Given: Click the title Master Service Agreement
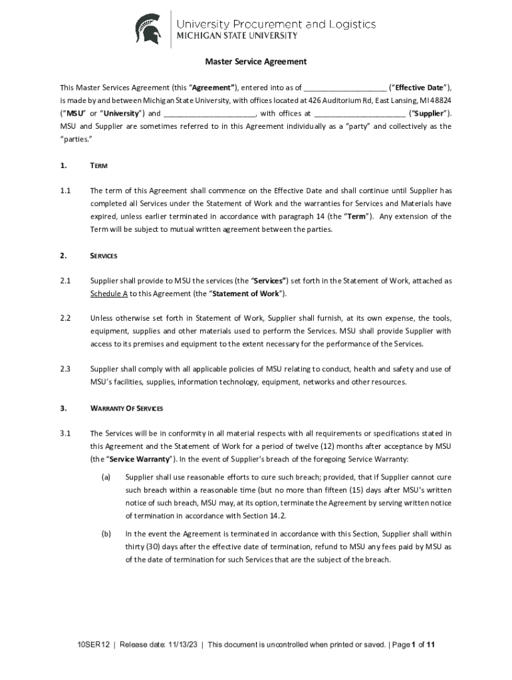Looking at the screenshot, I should click(x=256, y=62).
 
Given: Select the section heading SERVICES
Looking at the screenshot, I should click(x=104, y=256).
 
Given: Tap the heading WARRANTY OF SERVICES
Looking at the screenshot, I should click(x=126, y=408).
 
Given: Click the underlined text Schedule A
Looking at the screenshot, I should click(x=109, y=294).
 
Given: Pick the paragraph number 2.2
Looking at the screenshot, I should click(x=65, y=318).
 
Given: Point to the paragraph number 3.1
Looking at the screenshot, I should click(x=65, y=434).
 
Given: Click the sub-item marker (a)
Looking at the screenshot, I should click(x=106, y=477).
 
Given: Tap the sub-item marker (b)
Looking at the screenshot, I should click(x=106, y=533).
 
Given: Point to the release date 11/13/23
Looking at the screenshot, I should click(x=181, y=644).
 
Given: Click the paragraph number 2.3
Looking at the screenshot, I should click(x=65, y=369).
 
